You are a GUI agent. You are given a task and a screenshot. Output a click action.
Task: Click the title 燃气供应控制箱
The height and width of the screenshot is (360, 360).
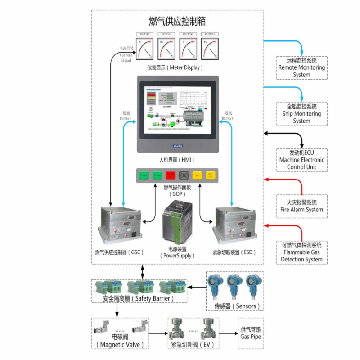click(177, 21)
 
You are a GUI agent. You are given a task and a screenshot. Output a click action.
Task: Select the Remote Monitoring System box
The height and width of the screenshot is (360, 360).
click(301, 67)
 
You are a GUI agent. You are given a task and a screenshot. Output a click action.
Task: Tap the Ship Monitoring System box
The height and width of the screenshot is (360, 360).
click(301, 114)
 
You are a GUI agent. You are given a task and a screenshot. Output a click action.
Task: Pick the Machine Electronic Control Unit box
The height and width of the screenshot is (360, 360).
click(301, 160)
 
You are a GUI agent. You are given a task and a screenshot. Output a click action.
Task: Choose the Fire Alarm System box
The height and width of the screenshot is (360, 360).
click(301, 206)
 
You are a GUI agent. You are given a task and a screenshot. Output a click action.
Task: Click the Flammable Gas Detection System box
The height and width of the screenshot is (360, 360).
click(301, 252)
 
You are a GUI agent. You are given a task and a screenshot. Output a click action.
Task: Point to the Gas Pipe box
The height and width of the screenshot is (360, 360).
click(251, 333)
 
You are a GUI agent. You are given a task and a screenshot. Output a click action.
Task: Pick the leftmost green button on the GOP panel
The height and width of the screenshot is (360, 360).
click(144, 175)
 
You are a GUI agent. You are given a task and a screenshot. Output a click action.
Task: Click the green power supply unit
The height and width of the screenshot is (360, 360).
click(177, 222)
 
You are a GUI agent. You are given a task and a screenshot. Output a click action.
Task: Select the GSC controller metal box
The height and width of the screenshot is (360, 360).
click(120, 224)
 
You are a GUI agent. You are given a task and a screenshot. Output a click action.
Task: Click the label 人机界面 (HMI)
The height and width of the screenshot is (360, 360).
click(177, 159)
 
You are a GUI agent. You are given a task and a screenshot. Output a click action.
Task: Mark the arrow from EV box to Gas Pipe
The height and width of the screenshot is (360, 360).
click(228, 333)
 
